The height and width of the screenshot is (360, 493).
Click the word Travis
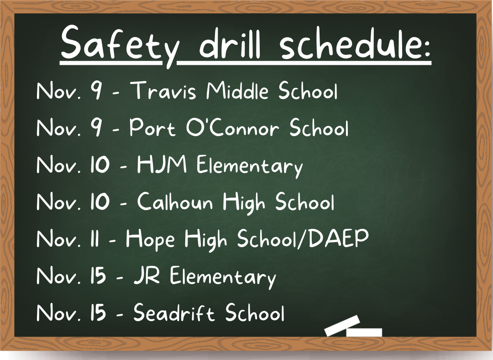click(x=163, y=90)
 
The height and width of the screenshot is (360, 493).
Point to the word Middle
click(x=237, y=90)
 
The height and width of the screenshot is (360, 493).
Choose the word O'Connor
click(x=232, y=127)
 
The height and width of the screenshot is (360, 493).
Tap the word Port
click(x=152, y=127)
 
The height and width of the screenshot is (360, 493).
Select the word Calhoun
click(x=175, y=201)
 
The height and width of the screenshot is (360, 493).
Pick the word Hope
click(x=150, y=239)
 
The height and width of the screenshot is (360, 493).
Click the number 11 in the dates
click(x=94, y=238)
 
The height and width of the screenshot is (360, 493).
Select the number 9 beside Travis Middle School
click(x=96, y=90)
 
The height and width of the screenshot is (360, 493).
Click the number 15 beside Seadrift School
click(x=98, y=312)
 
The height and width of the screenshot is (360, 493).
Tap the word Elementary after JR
click(x=223, y=276)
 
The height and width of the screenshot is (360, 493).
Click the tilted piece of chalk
click(x=342, y=326)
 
